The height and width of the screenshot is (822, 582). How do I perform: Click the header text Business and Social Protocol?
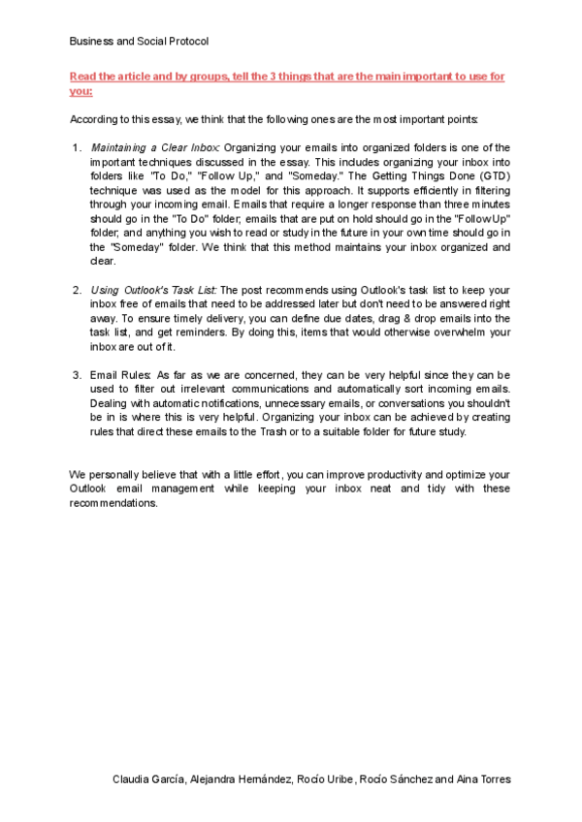139,41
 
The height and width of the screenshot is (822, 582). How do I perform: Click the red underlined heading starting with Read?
286,77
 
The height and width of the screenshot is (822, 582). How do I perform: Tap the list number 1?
78,146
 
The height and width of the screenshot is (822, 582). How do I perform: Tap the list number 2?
78,290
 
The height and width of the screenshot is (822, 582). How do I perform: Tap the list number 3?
78,374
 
